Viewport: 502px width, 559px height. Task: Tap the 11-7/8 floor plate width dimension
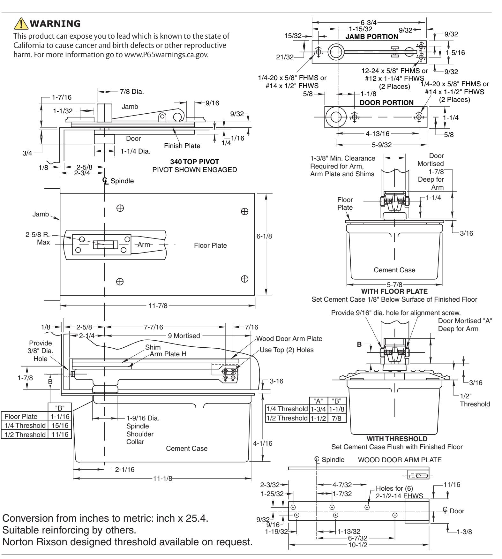[x=157, y=306]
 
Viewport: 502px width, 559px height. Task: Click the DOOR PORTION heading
[x=386, y=102]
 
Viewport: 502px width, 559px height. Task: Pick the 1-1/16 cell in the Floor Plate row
[x=60, y=417]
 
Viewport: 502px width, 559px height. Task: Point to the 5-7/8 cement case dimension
[x=395, y=285]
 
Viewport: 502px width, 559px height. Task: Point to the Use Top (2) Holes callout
[x=287, y=350]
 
